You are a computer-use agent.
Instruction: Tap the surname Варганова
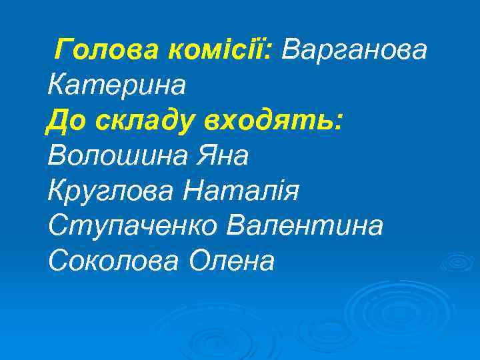(355, 49)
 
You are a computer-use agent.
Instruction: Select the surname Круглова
(109, 191)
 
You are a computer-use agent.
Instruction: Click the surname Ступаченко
(133, 227)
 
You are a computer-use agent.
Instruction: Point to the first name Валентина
(306, 227)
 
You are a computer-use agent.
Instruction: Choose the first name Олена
(233, 262)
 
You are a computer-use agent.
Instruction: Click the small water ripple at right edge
(459, 260)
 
